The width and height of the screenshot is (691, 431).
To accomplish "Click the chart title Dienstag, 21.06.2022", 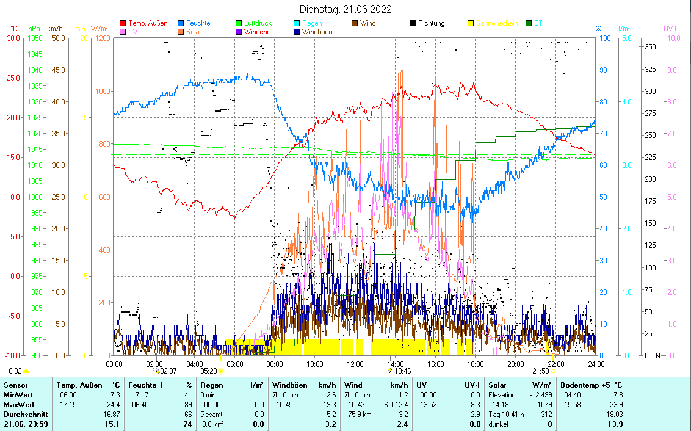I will [x=345, y=9].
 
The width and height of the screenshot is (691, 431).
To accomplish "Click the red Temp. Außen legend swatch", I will [x=123, y=23].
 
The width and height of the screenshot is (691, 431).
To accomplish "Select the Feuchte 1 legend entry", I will [x=200, y=23].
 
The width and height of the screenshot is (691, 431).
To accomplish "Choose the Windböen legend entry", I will [x=317, y=32].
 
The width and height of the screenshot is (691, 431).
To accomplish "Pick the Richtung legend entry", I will [x=431, y=23].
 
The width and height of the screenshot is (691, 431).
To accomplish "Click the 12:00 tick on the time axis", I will [x=355, y=364].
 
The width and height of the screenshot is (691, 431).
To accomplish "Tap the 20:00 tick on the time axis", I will [x=516, y=364].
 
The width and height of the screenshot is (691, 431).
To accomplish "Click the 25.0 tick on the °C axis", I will [x=13, y=78].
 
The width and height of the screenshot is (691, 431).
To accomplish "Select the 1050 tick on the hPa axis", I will [x=35, y=38].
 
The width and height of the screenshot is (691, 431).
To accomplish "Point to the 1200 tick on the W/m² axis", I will [x=102, y=38].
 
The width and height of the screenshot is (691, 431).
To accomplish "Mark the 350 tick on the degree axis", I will [x=650, y=46].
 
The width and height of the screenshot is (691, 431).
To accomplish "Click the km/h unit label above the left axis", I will [x=54, y=29].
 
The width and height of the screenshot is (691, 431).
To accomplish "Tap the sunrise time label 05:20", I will [x=209, y=371].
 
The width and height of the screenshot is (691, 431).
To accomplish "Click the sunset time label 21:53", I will [x=540, y=371].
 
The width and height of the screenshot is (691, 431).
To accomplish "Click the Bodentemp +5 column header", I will [x=591, y=385].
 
